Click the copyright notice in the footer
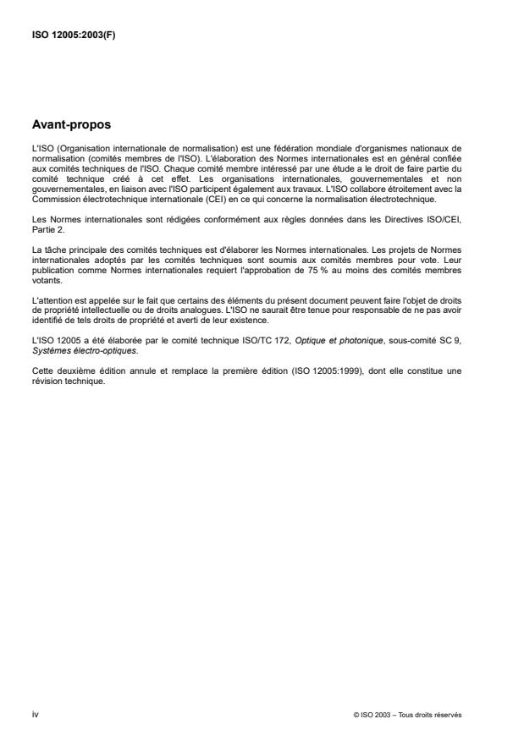point(409,714)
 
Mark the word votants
point(45,287)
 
